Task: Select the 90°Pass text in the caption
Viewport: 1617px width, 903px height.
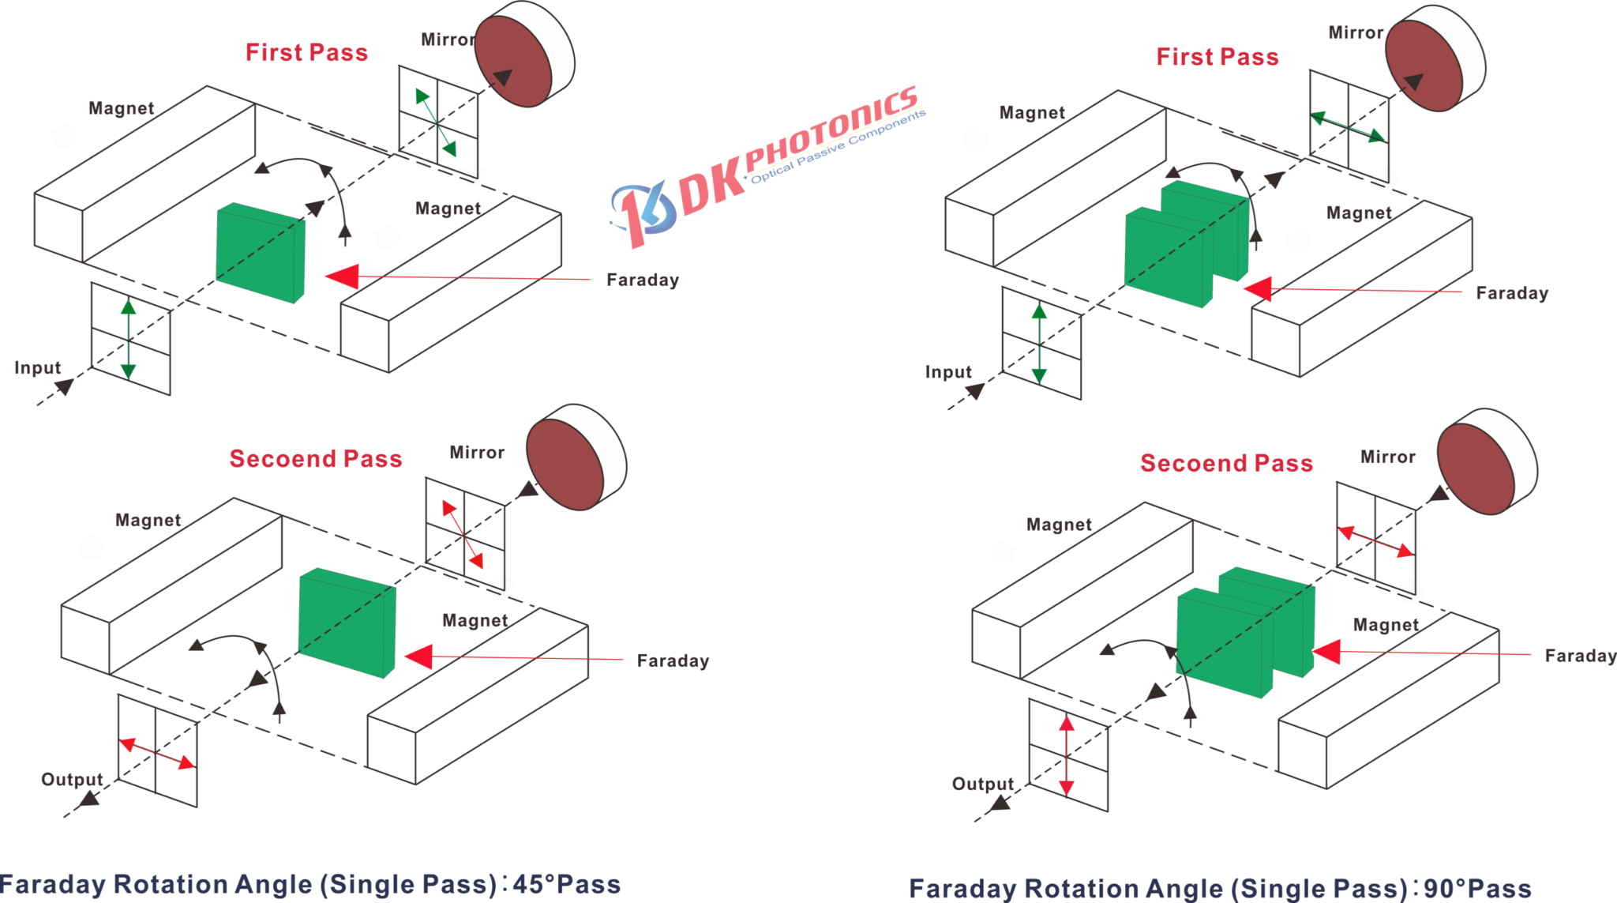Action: (1477, 889)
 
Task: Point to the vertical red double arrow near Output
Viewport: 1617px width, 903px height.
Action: (1067, 755)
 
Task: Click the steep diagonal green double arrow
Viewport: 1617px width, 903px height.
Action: (435, 123)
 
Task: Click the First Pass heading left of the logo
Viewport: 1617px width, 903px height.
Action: (306, 53)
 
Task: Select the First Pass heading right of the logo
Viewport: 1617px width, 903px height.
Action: (1217, 57)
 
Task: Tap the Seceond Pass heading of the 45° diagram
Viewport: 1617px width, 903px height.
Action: (316, 459)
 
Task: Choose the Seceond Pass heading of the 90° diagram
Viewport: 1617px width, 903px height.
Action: (1226, 464)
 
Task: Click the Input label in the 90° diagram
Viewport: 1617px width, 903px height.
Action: (947, 372)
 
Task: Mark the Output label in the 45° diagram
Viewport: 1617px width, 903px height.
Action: (72, 780)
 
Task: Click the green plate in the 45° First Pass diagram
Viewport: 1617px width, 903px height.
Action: (259, 252)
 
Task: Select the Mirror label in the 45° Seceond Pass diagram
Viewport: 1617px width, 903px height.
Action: (477, 453)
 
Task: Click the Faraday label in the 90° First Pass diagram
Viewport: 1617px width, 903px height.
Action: (1512, 294)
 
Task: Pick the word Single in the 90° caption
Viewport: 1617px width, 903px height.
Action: (1279, 889)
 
